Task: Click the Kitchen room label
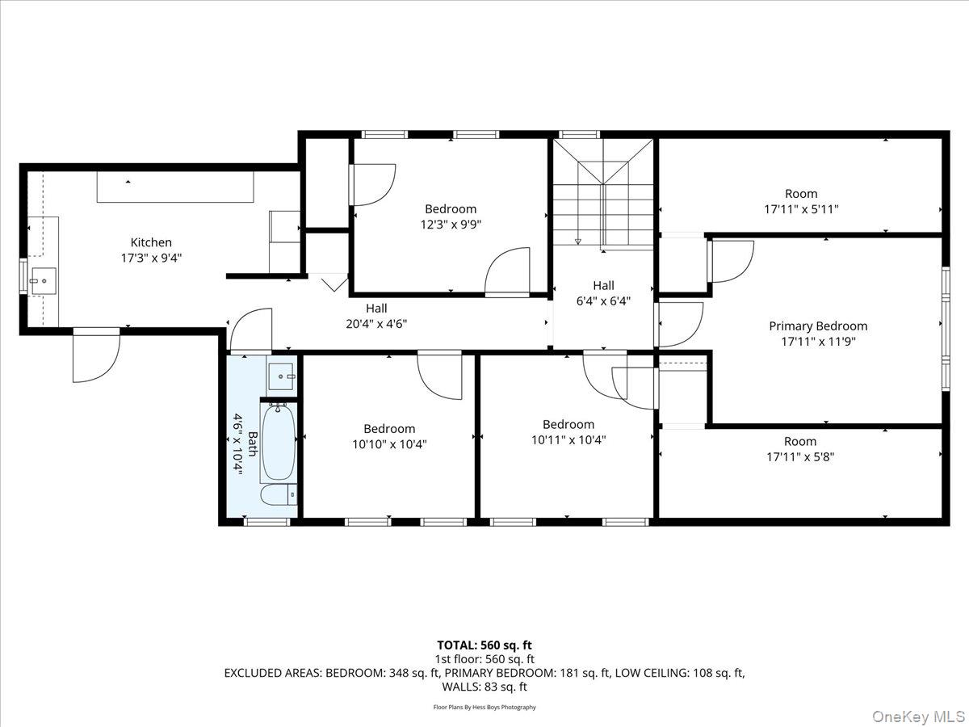[151, 242]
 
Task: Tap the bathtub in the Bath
[278, 442]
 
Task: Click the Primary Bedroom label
[818, 326]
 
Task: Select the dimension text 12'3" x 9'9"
[451, 225]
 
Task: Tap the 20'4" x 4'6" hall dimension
[376, 323]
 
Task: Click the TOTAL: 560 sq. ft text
[484, 645]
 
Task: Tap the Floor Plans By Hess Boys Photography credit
[484, 707]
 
